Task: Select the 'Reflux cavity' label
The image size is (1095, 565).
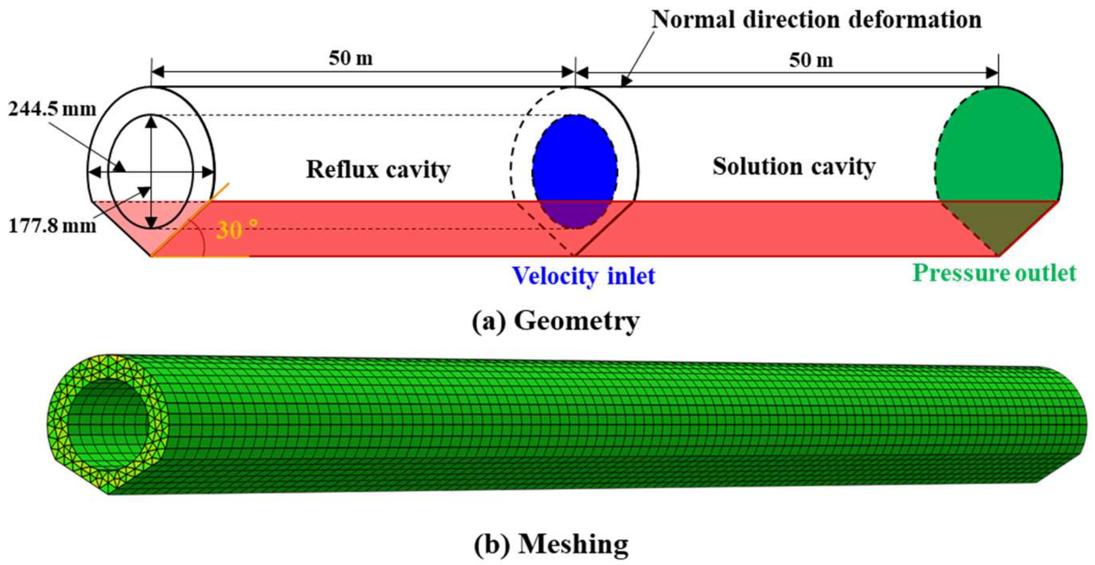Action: click(x=378, y=169)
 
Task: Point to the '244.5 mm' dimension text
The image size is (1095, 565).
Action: click(x=52, y=110)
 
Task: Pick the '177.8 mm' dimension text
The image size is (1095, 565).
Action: click(x=52, y=226)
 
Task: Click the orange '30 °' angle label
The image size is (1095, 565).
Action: click(x=236, y=230)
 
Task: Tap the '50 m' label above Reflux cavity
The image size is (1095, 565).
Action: click(x=351, y=58)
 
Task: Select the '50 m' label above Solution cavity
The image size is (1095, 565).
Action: click(x=811, y=60)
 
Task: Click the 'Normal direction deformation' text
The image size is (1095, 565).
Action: click(x=817, y=19)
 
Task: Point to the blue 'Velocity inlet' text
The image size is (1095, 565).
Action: click(x=584, y=276)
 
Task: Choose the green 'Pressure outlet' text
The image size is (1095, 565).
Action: click(x=994, y=273)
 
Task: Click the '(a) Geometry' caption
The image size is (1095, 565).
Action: click(x=555, y=321)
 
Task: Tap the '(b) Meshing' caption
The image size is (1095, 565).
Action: click(x=551, y=544)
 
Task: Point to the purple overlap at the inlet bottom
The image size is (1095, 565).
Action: click(x=575, y=215)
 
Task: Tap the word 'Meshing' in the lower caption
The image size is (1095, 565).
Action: click(x=573, y=544)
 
